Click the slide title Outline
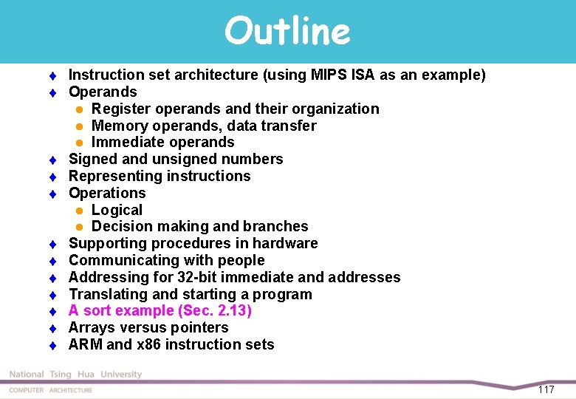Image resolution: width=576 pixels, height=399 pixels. pos(287,31)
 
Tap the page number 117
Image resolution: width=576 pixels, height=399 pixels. pos(546,389)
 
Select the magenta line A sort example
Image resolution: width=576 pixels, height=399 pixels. pos(160,310)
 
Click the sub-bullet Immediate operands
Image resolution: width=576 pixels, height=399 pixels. pos(162,142)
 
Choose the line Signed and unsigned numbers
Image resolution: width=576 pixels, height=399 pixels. pos(176,159)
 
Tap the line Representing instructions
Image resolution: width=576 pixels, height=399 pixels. pos(160,176)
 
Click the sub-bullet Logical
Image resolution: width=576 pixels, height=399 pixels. pos(117,210)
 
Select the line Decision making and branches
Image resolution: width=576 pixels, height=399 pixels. pos(199,226)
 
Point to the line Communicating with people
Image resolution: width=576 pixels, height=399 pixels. pos(166,260)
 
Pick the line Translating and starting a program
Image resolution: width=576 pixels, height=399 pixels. pos(190,294)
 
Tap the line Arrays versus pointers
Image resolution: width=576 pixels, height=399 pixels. pos(148,327)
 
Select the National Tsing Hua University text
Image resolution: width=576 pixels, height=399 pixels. pos(75,375)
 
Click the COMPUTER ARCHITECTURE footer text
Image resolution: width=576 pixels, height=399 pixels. pos(51,390)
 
